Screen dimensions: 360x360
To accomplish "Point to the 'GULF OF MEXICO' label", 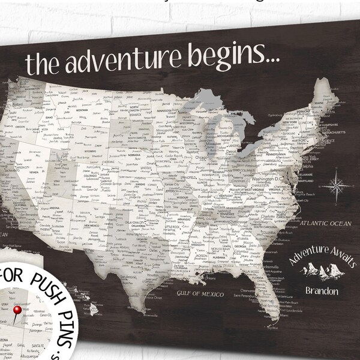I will click(200, 294).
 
